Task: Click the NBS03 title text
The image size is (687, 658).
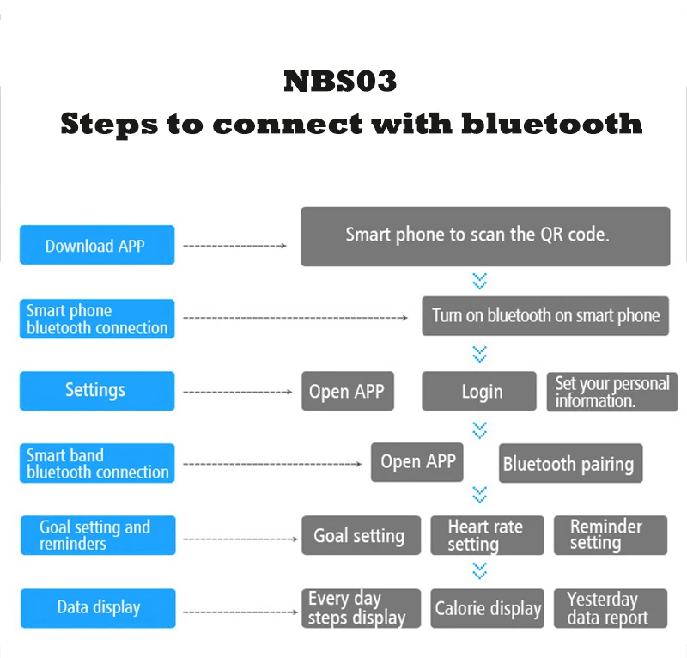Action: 340,82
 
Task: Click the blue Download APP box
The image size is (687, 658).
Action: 97,246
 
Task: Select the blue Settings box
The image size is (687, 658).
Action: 97,391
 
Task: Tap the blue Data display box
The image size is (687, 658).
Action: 97,607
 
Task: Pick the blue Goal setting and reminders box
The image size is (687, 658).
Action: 97,535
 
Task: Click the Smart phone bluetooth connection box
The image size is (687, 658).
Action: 97,319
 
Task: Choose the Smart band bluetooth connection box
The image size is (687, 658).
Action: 97,463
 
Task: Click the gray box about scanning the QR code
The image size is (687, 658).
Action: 485,235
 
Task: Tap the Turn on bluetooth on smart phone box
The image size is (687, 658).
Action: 545,315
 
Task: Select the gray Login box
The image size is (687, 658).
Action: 482,392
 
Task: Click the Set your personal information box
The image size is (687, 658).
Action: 612,392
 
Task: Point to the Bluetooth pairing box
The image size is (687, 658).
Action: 570,464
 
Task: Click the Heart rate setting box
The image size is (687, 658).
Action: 485,535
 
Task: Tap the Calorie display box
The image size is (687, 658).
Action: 488,608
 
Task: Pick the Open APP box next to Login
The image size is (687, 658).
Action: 347,392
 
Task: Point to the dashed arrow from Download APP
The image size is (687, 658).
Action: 235,246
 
